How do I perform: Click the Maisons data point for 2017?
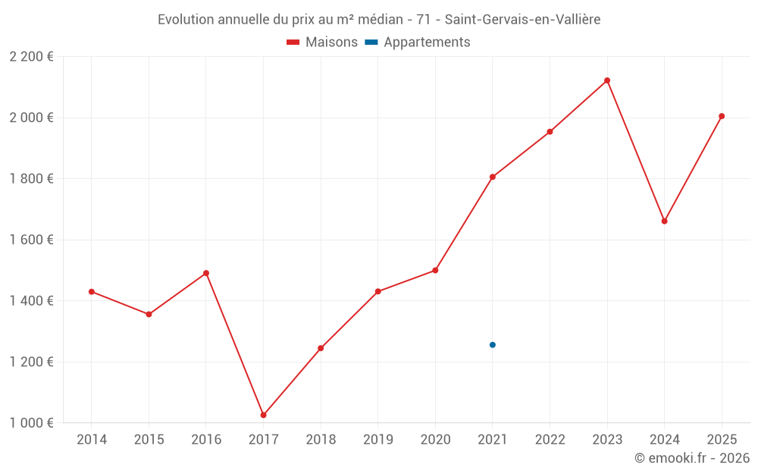click(263, 415)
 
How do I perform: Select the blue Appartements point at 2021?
click(493, 345)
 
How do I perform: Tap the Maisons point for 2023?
click(607, 80)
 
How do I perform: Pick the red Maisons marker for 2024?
click(664, 221)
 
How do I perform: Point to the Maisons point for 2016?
click(206, 273)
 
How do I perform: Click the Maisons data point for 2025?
click(722, 116)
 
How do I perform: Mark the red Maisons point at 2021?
click(493, 177)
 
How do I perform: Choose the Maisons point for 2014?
click(92, 291)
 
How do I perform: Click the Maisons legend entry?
click(322, 42)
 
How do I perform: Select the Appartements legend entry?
click(418, 42)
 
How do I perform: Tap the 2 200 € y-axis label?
click(31, 57)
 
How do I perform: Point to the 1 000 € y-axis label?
click(31, 423)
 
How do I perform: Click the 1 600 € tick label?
click(31, 240)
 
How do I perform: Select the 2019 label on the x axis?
click(377, 440)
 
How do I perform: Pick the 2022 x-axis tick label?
click(550, 440)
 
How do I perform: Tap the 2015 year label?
click(149, 440)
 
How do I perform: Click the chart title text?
click(379, 20)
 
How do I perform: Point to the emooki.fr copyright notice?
click(691, 458)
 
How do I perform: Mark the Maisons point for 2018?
click(321, 348)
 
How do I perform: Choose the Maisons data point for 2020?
click(435, 270)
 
